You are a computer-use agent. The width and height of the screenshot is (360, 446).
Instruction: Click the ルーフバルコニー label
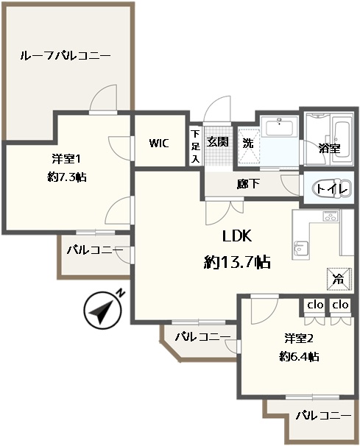[x=66, y=55]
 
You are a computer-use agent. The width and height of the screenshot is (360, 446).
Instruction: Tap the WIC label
[x=159, y=143]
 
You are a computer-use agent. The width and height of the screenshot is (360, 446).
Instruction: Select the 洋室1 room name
[x=66, y=159]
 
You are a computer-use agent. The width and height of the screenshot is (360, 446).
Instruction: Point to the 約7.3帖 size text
[x=67, y=177]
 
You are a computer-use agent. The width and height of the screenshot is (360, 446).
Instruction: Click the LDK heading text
[x=237, y=236]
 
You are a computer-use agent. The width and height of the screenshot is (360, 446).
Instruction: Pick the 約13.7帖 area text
[x=237, y=262]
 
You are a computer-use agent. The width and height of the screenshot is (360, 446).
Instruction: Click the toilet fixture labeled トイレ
[x=332, y=189]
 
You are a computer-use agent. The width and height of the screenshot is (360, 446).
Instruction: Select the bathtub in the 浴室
[x=341, y=140]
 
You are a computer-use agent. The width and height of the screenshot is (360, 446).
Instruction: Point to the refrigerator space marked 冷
[x=339, y=280]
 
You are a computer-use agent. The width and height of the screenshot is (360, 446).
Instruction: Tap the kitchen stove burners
[x=331, y=216]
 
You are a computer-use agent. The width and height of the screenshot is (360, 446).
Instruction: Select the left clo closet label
[x=315, y=305]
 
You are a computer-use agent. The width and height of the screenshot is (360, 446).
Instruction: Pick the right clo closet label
[x=341, y=305]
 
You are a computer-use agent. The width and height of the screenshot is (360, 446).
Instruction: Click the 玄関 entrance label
[x=217, y=141]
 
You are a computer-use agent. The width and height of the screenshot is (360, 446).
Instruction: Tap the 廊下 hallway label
[x=248, y=184]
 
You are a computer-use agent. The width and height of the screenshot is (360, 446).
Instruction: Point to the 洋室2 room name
[x=299, y=339]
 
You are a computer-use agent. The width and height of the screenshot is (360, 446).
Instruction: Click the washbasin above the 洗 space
[x=280, y=127]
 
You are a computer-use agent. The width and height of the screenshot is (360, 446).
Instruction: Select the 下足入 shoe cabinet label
[x=196, y=146]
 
